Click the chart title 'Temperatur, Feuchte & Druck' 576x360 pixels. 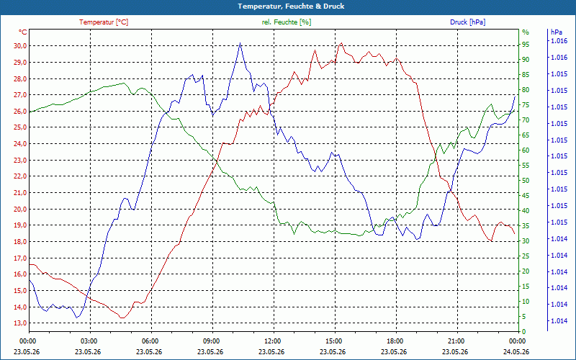coord(291,6)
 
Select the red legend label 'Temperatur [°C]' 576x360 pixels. coord(104,22)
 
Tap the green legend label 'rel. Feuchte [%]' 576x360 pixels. coord(287,22)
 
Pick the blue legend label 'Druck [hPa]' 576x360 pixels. coord(467,22)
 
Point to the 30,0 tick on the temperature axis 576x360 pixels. coord(20,46)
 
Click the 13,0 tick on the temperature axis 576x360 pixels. coord(20,323)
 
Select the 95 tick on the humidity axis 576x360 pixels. coord(526,45)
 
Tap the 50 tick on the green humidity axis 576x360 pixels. coord(526,181)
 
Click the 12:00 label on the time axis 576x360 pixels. coord(272,341)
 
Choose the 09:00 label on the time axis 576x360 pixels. coord(211,341)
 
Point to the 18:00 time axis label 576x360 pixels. coord(395,341)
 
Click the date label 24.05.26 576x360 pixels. coord(516,351)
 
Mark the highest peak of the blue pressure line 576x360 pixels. coord(240,42)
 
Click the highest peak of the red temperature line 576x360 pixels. coord(341,42)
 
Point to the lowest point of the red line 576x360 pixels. coord(122,318)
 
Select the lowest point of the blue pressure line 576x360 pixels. coord(77,318)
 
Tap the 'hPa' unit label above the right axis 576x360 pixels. coord(556,32)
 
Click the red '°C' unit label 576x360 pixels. coord(22,32)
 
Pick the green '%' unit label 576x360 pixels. coord(526,32)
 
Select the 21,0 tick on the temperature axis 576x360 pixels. coord(20,192)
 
